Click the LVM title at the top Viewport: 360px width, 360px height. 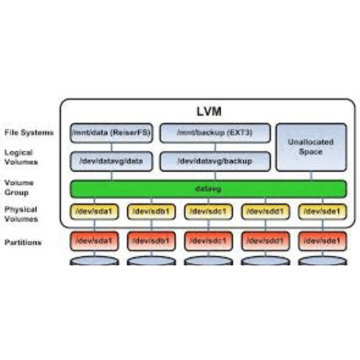pos(209,111)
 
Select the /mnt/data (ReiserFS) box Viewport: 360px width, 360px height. pos(111,133)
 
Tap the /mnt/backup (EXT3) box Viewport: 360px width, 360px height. pos(215,133)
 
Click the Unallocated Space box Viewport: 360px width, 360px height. pos(311,147)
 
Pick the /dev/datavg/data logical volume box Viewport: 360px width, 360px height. pos(111,161)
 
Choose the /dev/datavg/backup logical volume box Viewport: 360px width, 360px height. pos(215,161)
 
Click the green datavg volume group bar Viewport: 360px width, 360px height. pos(208,189)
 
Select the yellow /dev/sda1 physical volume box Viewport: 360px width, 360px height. pos(94,212)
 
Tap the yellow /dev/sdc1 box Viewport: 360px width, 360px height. pos(208,212)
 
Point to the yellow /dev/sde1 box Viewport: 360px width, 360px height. pos(322,212)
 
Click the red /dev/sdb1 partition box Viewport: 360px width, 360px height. pos(151,241)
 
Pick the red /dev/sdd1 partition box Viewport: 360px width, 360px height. pos(265,241)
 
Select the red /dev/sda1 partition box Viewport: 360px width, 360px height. pos(94,241)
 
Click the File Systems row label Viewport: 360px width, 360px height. pos(29,133)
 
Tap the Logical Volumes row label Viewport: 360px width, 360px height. pos(21,157)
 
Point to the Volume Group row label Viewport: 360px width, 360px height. pos(19,188)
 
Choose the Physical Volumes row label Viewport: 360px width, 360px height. pos(21,214)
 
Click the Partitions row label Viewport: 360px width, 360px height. pos(23,242)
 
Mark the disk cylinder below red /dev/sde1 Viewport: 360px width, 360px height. pos(322,261)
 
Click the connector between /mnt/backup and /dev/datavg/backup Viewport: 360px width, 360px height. pos(215,147)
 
